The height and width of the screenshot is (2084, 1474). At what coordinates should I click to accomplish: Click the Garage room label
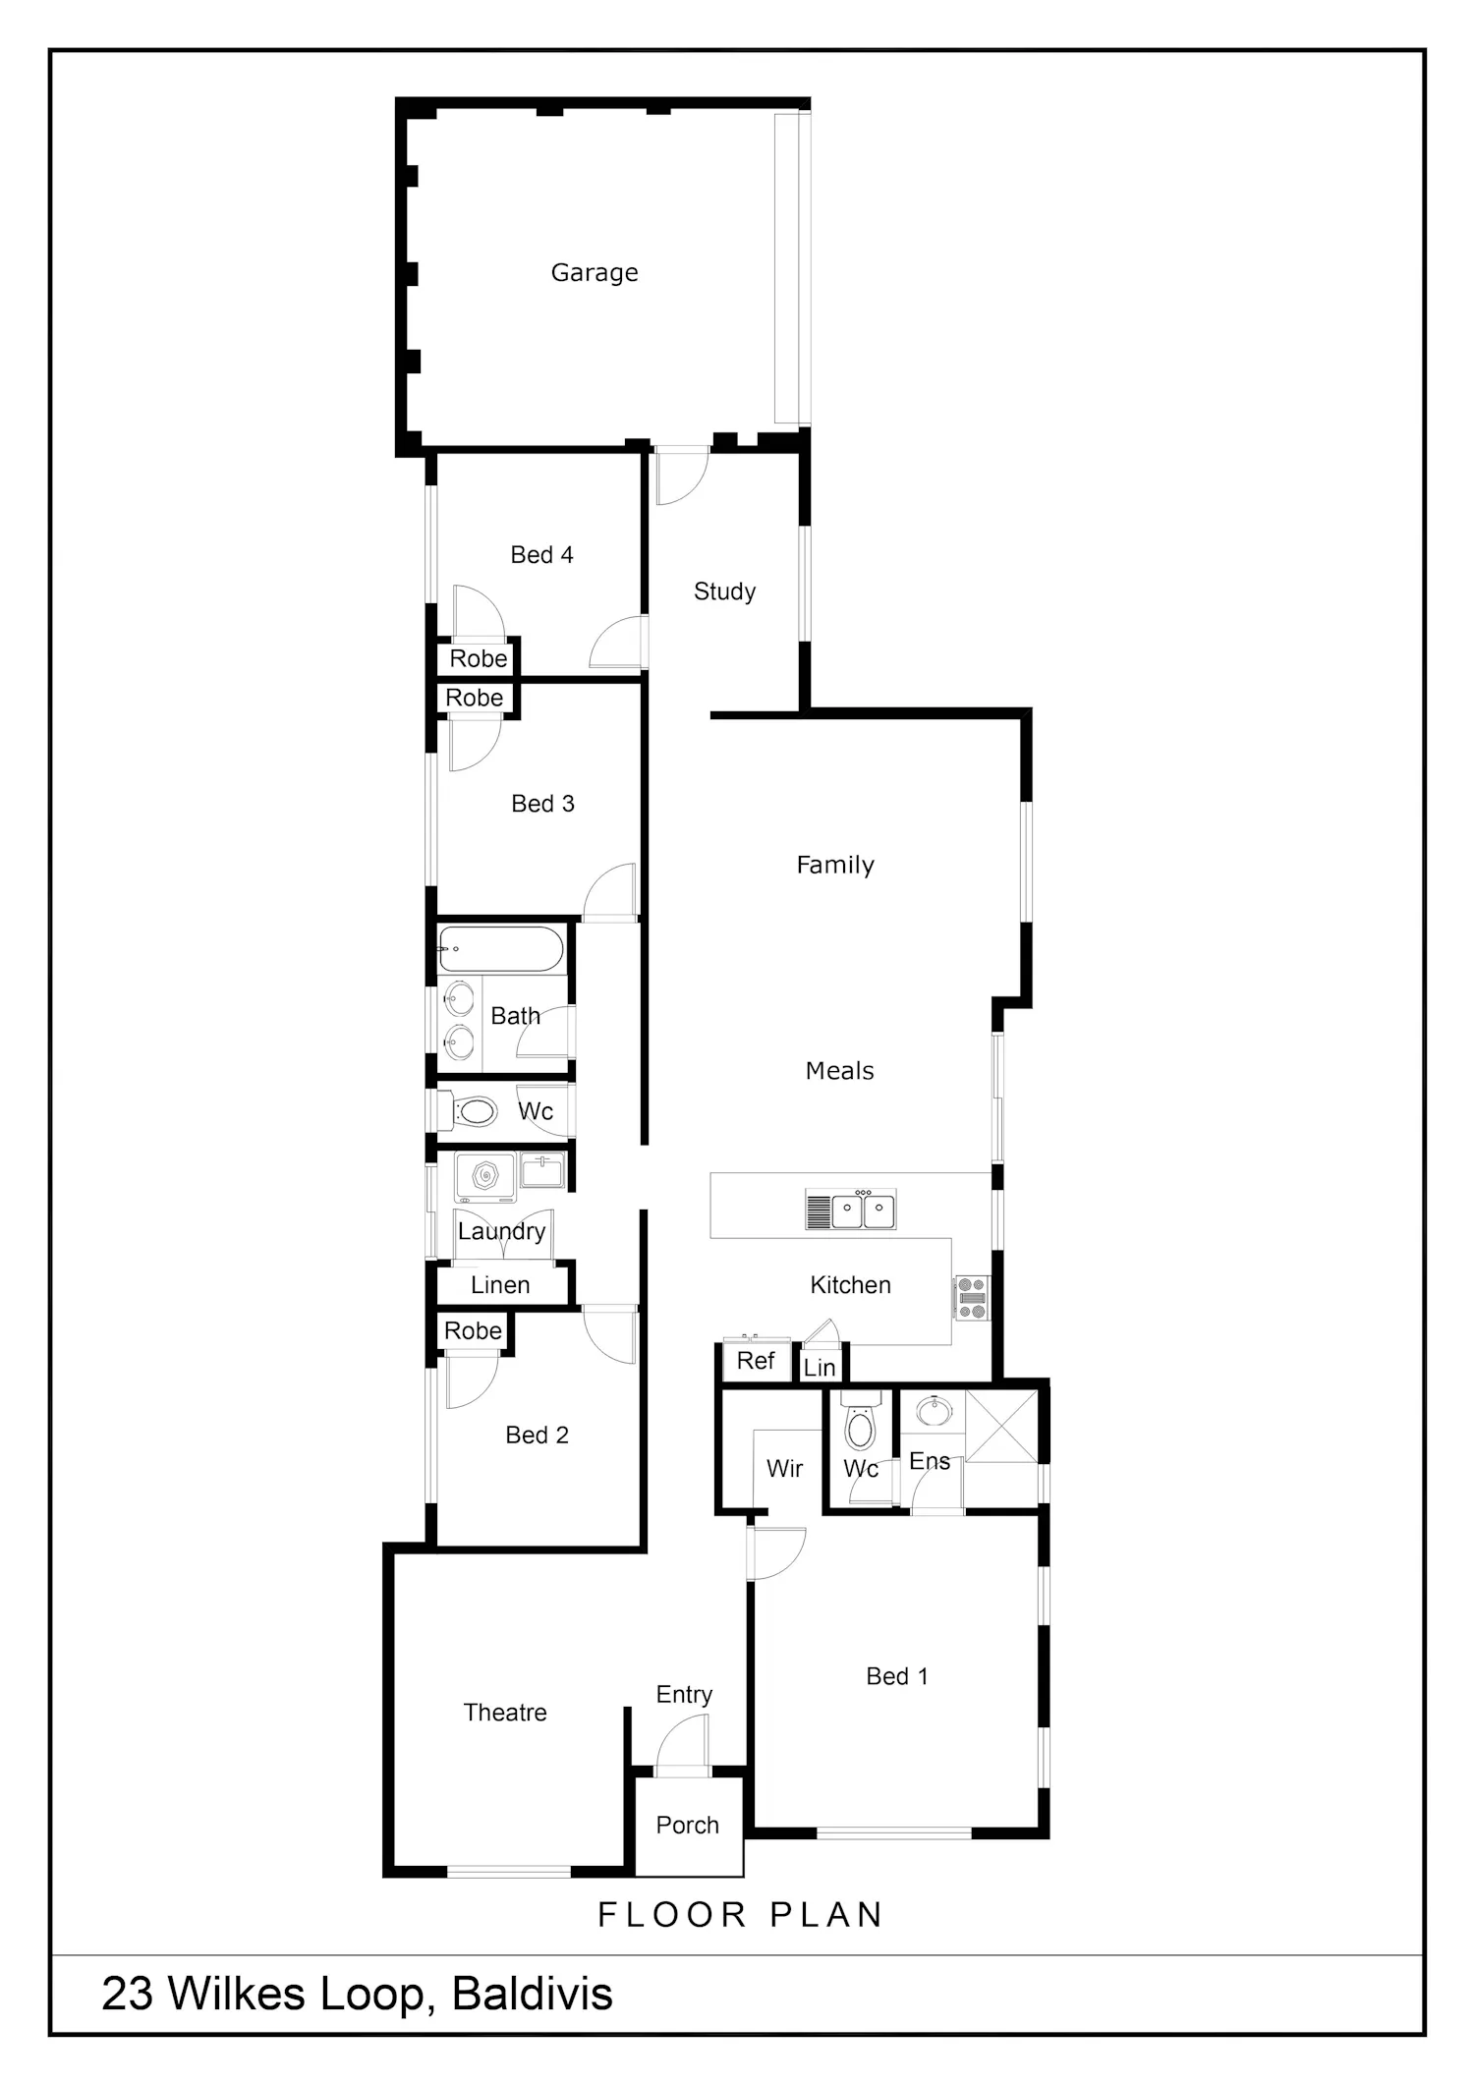pyautogui.click(x=595, y=273)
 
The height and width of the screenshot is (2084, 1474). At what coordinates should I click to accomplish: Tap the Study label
pyautogui.click(x=725, y=591)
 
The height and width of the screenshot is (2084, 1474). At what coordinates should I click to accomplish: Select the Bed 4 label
pyautogui.click(x=541, y=555)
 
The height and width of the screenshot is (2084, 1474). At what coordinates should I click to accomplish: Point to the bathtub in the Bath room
pyautogui.click(x=501, y=949)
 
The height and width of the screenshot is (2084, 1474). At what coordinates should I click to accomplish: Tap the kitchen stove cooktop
pyautogui.click(x=972, y=1298)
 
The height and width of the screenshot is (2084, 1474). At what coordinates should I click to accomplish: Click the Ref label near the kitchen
pyautogui.click(x=756, y=1361)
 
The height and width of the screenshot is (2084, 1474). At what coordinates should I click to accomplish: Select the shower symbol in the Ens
pyautogui.click(x=1001, y=1426)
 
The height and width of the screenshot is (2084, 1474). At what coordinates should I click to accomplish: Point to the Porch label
pyautogui.click(x=688, y=1826)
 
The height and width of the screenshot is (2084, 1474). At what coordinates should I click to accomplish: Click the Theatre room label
pyautogui.click(x=505, y=1713)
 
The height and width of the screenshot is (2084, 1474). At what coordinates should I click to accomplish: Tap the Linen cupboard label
pyautogui.click(x=500, y=1285)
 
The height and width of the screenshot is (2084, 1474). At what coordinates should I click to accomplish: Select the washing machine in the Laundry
pyautogui.click(x=485, y=1177)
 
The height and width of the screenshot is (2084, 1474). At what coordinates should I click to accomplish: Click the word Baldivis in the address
pyautogui.click(x=533, y=1995)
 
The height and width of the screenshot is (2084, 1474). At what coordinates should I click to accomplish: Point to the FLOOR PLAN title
pyautogui.click(x=741, y=1915)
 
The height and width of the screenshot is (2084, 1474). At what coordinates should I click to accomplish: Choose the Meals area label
pyautogui.click(x=840, y=1071)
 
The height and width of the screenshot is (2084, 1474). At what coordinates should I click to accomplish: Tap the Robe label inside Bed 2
pyautogui.click(x=473, y=1331)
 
